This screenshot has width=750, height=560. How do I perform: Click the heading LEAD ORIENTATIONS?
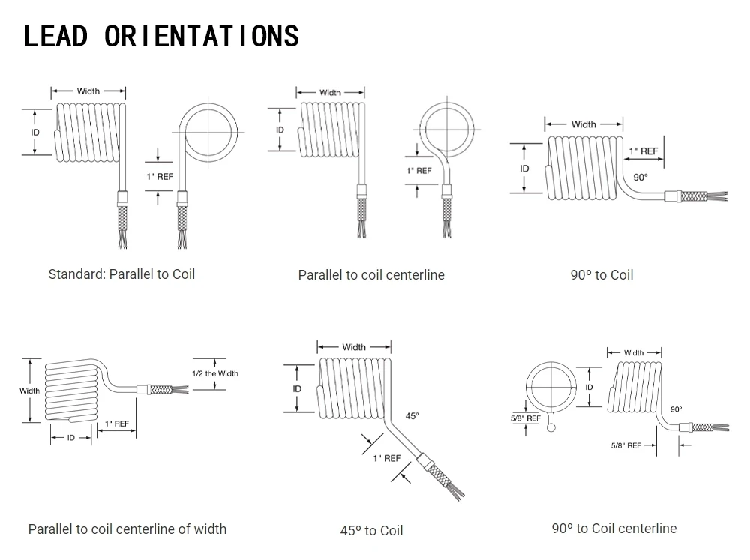click(x=161, y=36)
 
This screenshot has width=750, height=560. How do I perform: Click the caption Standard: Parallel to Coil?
click(x=121, y=274)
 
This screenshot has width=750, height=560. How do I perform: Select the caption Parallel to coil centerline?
click(x=371, y=275)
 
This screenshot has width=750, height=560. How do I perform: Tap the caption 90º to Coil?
click(x=601, y=275)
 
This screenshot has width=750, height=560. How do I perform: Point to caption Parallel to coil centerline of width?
click(x=127, y=529)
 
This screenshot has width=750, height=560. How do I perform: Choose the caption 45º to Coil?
click(x=371, y=531)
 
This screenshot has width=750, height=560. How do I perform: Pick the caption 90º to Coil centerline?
click(x=613, y=529)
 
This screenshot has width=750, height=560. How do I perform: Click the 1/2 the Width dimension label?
click(x=215, y=373)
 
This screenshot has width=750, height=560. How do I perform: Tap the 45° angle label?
click(x=412, y=415)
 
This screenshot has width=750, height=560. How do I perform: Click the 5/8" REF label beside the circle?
click(x=524, y=418)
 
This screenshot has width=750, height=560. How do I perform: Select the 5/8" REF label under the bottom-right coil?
click(x=626, y=445)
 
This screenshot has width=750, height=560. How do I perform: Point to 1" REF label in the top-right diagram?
click(x=643, y=151)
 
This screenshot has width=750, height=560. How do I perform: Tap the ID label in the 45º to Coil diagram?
click(x=297, y=389)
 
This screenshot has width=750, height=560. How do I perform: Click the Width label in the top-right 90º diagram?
click(x=583, y=124)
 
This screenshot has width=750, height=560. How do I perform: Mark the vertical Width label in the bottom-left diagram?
click(x=30, y=391)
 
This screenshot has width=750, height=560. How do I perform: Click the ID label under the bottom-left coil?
click(x=71, y=437)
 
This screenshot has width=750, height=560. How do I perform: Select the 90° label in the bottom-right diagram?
click(x=676, y=409)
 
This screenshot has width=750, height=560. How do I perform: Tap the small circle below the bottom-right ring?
click(x=553, y=428)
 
